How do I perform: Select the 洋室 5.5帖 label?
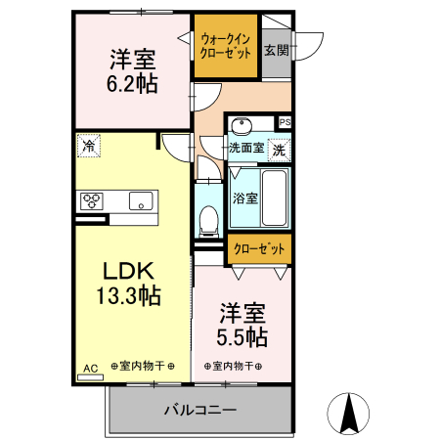[242, 324]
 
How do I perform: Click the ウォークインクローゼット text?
[225, 46]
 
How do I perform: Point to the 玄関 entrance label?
[276, 50]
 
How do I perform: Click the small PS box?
[285, 122]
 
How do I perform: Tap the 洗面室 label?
[245, 149]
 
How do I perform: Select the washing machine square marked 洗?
[279, 151]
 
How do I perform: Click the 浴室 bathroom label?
[244, 197]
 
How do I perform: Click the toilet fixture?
[208, 219]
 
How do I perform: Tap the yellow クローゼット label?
[259, 249]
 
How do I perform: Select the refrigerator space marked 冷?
[89, 146]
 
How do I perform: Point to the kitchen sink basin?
[141, 201]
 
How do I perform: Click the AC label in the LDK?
[90, 368]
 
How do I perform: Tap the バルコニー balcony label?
[198, 409]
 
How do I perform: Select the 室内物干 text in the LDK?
[143, 367]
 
